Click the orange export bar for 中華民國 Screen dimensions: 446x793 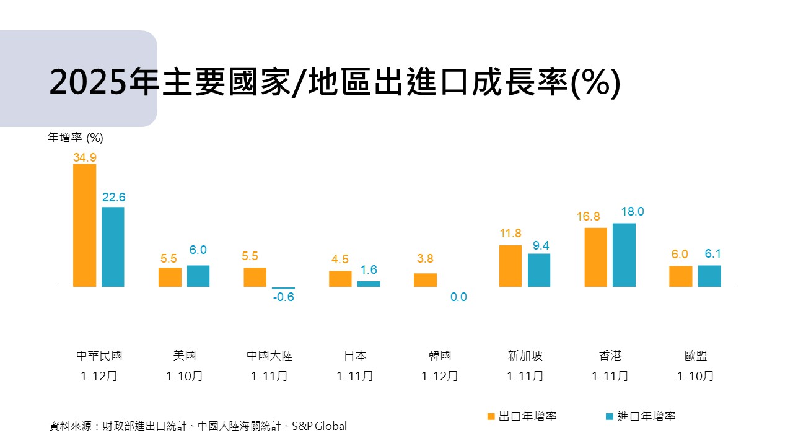point(85,225)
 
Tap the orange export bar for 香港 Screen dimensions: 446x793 point(595,257)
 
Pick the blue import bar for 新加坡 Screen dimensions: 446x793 point(539,270)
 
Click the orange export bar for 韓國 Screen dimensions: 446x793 point(425,280)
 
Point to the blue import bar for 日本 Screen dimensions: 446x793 point(369,284)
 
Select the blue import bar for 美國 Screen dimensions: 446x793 point(198,276)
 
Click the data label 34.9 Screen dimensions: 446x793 point(85,157)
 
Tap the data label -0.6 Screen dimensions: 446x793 point(283,297)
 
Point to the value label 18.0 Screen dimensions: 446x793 point(633,212)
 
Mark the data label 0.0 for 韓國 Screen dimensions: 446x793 point(458,297)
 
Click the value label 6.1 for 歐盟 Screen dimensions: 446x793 point(712,255)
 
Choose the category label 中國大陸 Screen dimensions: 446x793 point(269,356)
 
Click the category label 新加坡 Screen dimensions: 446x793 point(525,356)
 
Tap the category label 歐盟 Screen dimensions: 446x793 point(695,356)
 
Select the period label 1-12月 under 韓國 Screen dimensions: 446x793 point(440,376)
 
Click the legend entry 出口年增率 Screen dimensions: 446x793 point(527,416)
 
